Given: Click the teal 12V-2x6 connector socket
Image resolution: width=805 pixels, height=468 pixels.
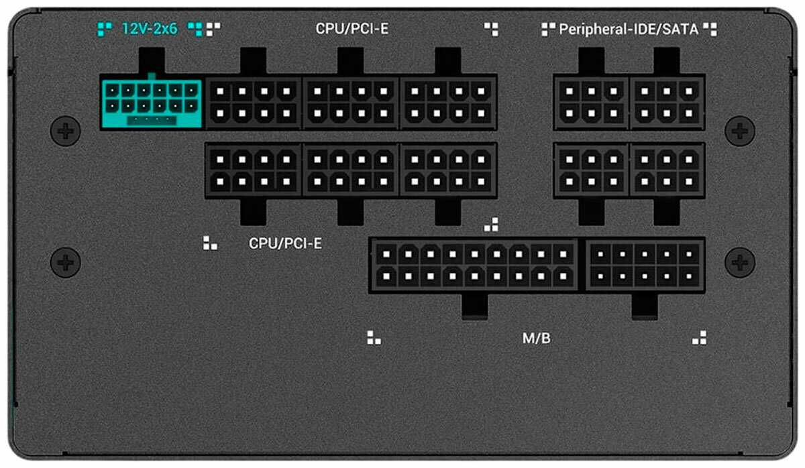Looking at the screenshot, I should (151, 102).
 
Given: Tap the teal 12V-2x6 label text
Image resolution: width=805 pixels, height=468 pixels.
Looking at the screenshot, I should (149, 29).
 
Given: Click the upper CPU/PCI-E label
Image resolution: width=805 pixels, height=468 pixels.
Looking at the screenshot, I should (352, 29).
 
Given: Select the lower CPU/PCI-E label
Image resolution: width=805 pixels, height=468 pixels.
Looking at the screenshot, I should (285, 243).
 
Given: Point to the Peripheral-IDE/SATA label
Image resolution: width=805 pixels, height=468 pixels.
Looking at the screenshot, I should (629, 29).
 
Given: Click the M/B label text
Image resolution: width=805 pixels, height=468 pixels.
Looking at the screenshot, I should (536, 338).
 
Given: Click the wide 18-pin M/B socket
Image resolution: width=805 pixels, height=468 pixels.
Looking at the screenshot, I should (473, 264).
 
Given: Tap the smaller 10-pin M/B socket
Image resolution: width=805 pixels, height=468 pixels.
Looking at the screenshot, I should (645, 264).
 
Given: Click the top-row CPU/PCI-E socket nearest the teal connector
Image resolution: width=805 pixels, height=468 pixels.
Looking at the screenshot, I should (254, 102).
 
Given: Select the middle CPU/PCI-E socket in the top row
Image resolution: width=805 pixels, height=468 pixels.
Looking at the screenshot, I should (351, 102).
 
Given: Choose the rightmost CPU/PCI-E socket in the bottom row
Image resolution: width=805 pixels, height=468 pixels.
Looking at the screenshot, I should (448, 170).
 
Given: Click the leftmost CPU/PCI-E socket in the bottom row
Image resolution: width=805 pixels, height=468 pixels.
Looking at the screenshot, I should (254, 170).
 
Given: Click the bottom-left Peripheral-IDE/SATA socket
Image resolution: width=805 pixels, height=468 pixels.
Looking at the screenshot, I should (591, 170).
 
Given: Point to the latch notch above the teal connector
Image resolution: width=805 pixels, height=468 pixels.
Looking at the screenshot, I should (150, 62).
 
